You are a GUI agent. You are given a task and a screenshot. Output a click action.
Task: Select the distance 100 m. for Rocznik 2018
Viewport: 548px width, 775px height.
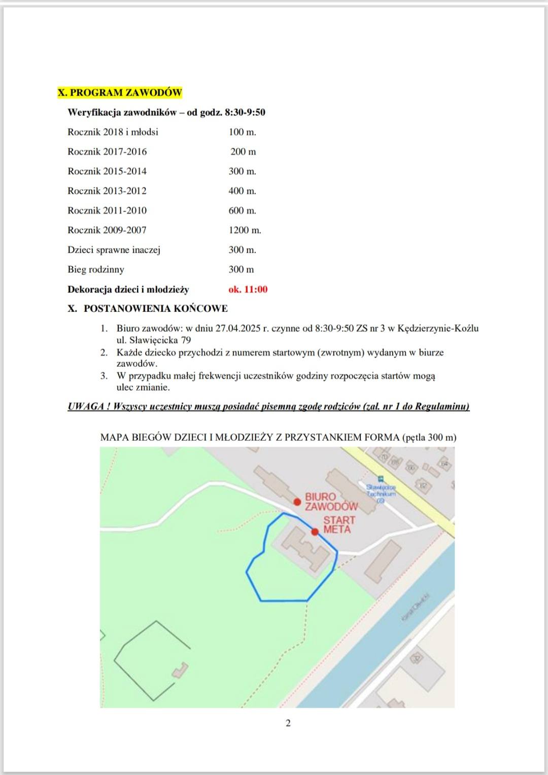242,132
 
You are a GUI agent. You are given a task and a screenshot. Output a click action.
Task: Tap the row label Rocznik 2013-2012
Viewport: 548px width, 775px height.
107,191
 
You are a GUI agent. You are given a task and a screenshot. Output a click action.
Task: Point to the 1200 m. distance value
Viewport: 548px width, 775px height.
245,230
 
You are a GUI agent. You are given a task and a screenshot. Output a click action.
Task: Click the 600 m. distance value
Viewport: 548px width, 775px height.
242,210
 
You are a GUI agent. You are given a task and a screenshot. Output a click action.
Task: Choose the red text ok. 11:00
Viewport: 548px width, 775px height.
248,290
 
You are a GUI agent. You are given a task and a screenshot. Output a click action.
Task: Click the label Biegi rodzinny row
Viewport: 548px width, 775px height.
96,270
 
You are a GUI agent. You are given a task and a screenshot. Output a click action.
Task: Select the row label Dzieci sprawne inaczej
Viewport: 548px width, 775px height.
114,250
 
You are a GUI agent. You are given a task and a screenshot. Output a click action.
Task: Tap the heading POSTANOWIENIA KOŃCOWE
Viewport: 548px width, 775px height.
155,308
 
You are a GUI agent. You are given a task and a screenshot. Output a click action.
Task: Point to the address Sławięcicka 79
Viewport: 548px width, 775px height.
160,340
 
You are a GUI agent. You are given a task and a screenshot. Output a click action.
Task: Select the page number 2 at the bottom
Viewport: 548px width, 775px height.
288,723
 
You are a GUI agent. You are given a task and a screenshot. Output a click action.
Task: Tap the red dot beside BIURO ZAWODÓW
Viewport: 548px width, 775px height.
297,502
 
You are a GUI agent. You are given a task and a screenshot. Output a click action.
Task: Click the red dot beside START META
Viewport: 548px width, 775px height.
315,532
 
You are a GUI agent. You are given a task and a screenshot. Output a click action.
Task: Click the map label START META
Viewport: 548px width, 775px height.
339,525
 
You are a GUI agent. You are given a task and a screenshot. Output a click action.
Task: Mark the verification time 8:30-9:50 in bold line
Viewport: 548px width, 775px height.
245,113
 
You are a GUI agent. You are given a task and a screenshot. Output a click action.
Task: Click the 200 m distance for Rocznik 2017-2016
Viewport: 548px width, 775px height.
243,152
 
